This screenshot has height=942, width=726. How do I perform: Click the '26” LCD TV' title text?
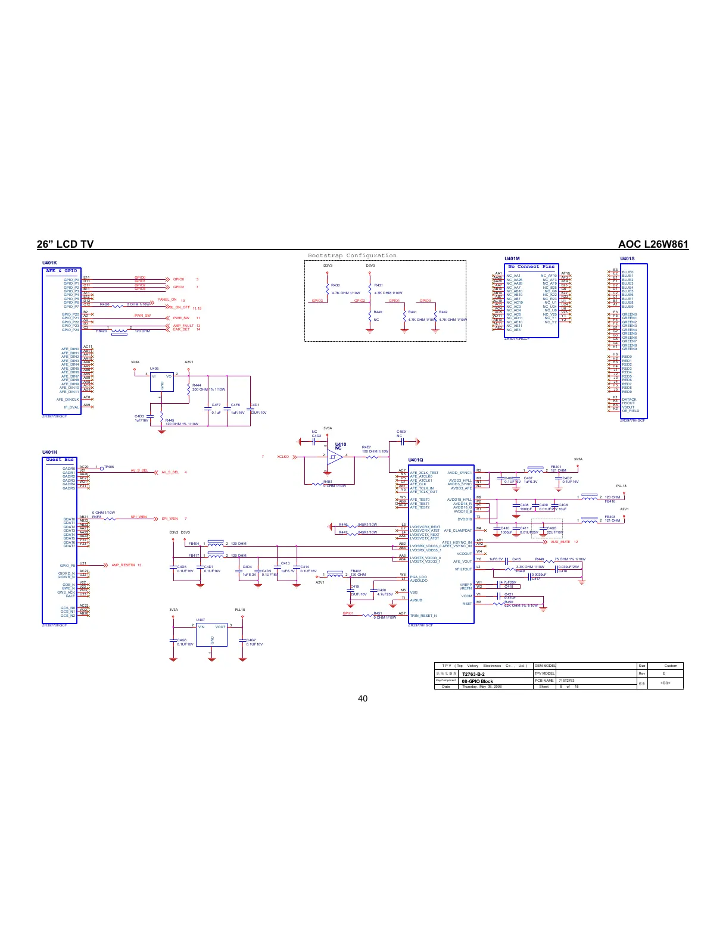tap(65, 244)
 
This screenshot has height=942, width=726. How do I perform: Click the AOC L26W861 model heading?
tap(653, 244)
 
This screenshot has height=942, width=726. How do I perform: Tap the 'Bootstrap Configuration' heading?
tap(352, 255)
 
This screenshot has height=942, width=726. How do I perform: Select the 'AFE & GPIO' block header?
tap(61, 271)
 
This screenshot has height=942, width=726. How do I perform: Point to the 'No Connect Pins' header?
tap(531, 267)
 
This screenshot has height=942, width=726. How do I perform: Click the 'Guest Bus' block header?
tap(60, 460)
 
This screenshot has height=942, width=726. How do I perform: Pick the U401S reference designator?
tap(627, 259)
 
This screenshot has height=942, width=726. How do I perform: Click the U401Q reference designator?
tap(415, 460)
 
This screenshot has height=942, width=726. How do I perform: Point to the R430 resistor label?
tap(335, 285)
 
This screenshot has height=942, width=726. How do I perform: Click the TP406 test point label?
tap(109, 467)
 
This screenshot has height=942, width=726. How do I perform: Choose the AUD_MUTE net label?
tap(560, 542)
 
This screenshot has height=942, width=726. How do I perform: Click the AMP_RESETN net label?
tap(124, 565)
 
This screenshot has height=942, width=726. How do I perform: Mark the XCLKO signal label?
tap(283, 457)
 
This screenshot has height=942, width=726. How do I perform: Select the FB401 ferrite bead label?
tap(556, 467)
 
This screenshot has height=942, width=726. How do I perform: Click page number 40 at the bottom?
tap(363, 698)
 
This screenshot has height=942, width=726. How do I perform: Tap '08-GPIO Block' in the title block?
tap(477, 681)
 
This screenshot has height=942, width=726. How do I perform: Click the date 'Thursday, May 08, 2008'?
tap(482, 687)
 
